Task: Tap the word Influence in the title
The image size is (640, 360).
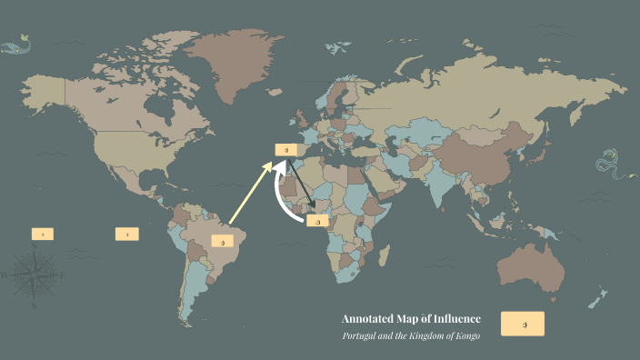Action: [x=455, y=318]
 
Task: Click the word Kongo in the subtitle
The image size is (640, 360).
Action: [x=465, y=335]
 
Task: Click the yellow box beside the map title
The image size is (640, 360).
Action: [x=523, y=324]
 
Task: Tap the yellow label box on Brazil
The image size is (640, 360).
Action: [x=223, y=241]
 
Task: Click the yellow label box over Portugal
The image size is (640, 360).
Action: [x=286, y=148]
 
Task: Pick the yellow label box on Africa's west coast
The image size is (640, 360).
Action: [x=317, y=221]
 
